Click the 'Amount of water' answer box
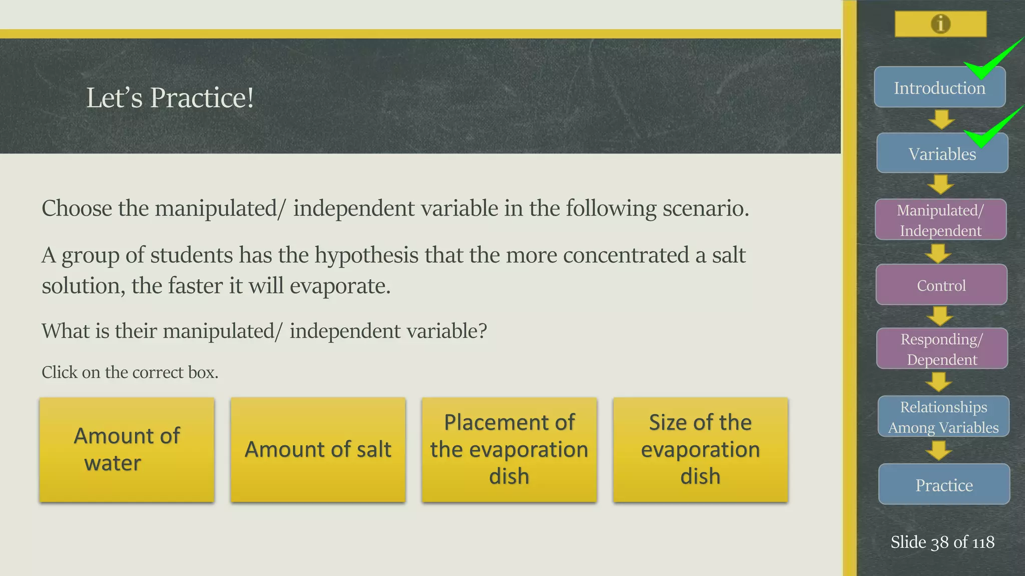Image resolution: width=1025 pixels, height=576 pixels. point(127,449)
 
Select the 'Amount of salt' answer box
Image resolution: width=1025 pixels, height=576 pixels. point(318,449)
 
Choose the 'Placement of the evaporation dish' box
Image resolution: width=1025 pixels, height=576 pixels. point(509,449)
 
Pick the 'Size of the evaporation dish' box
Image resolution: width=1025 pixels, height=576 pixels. point(700,449)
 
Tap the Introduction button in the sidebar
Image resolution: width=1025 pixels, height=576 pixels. point(939,88)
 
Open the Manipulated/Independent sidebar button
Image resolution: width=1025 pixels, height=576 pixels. point(940,220)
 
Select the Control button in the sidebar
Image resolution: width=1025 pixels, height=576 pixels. point(941,285)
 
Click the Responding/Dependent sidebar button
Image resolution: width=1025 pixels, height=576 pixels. point(942,349)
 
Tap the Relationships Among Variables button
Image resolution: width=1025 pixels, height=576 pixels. point(943,417)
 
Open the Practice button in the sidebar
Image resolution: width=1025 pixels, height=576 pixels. point(944,484)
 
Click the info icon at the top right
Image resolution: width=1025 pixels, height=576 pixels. point(940,24)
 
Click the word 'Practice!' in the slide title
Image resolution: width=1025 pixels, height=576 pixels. point(202,97)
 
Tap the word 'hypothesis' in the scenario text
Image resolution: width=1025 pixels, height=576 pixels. point(366,255)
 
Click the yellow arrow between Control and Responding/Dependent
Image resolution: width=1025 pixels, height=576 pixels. point(940,316)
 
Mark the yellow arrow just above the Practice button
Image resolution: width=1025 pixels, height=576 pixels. point(939,450)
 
